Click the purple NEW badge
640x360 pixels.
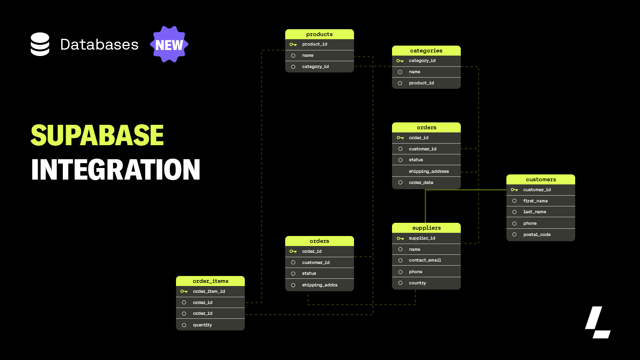pyautogui.click(x=169, y=45)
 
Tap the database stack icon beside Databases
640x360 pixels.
pyautogui.click(x=40, y=44)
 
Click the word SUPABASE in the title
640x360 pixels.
pyautogui.click(x=97, y=135)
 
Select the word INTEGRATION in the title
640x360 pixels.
pyautogui.click(x=116, y=170)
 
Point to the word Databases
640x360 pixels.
pyautogui.click(x=99, y=44)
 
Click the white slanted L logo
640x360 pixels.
pyautogui.click(x=598, y=322)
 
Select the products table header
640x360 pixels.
pyautogui.click(x=319, y=34)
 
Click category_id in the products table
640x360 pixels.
pyautogui.click(x=315, y=67)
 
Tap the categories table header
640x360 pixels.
pyautogui.click(x=426, y=50)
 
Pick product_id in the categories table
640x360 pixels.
pyautogui.click(x=421, y=83)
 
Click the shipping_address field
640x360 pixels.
pyautogui.click(x=429, y=171)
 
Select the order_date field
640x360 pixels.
pyautogui.click(x=421, y=182)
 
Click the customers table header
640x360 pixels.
pyautogui.click(x=541, y=179)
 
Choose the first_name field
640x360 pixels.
pyautogui.click(x=535, y=201)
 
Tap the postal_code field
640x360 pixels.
pyautogui.click(x=537, y=234)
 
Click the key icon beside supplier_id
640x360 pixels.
pyautogui.click(x=400, y=238)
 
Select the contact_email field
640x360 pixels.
pyautogui.click(x=425, y=260)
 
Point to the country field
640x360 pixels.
pyautogui.click(x=417, y=283)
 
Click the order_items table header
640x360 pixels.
pyautogui.click(x=210, y=281)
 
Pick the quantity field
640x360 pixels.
pyautogui.click(x=202, y=325)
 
